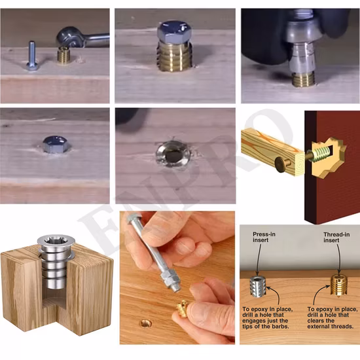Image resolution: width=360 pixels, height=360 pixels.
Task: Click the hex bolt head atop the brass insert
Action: tap(174, 31)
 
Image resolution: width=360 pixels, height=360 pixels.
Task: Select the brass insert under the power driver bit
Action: tap(303, 79)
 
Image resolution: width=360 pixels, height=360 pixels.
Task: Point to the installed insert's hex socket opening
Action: tap(173, 154)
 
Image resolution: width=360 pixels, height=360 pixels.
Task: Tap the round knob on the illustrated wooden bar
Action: tap(281, 164)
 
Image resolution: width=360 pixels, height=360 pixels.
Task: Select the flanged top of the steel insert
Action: tap(56, 241)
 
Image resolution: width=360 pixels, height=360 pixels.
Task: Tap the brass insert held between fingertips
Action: tap(183, 309)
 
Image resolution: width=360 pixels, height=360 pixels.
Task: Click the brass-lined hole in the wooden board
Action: tap(146, 323)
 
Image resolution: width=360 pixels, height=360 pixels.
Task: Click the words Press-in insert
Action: tap(264, 237)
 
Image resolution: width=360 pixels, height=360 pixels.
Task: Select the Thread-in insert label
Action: tap(336, 238)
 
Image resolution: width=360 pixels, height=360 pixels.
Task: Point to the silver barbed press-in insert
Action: tap(258, 287)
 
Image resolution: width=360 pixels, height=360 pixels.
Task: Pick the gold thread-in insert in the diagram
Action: tap(339, 285)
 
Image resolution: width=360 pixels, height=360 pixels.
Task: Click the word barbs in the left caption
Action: tap(281, 326)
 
